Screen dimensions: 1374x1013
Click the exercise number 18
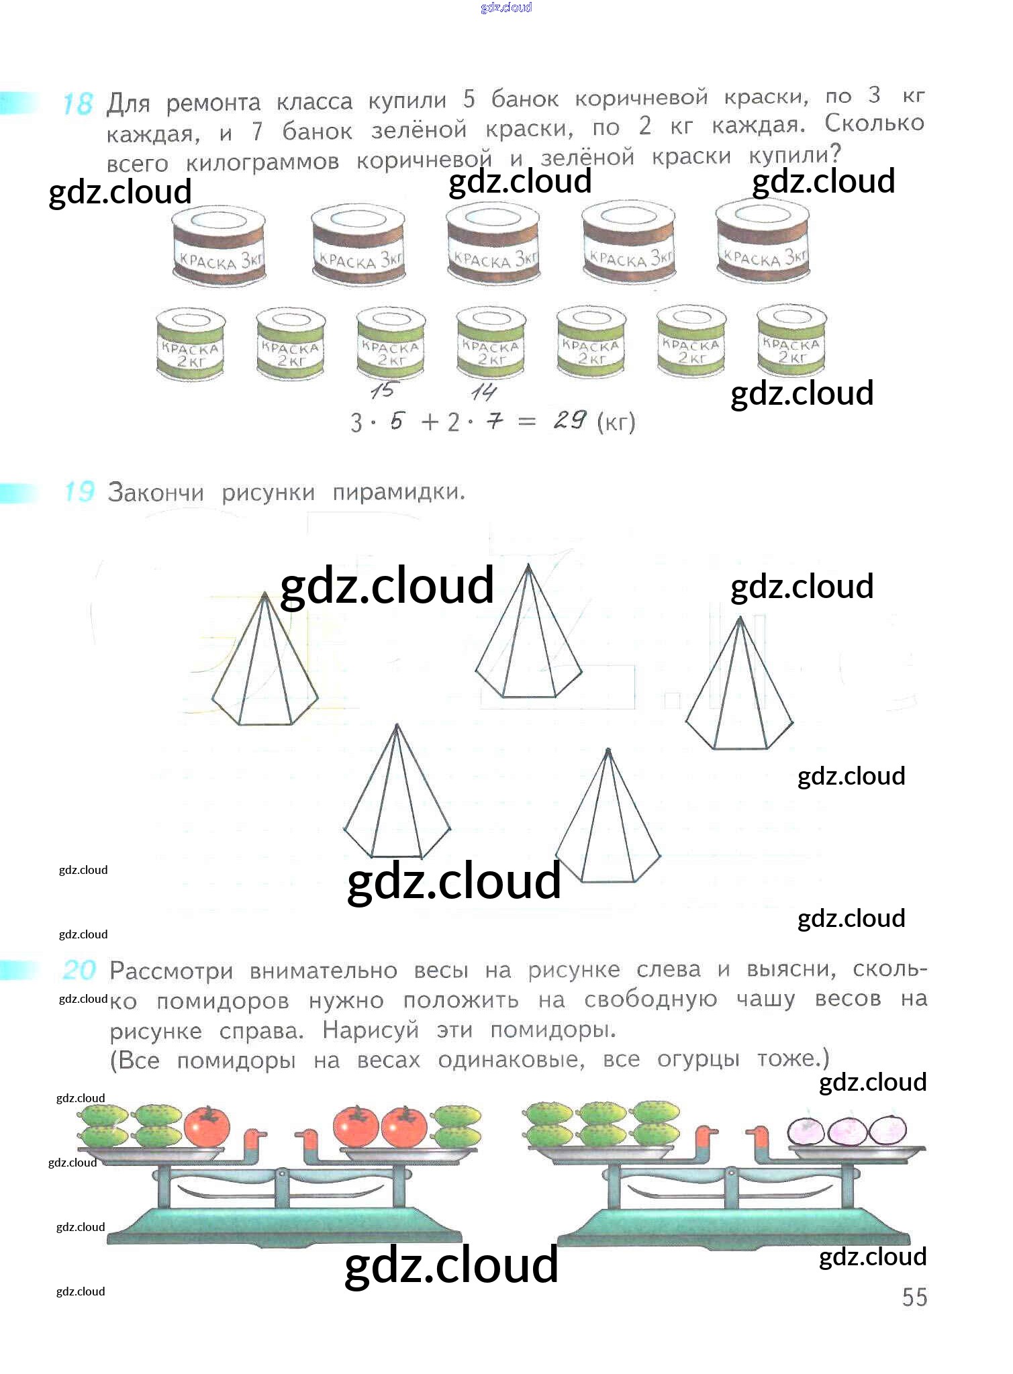[x=77, y=104]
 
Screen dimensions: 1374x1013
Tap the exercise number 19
[x=79, y=492]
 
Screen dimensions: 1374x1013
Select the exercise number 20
[x=79, y=970]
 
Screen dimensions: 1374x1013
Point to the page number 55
[x=914, y=1297]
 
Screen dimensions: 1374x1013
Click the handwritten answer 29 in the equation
[x=570, y=421]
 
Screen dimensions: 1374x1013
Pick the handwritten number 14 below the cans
[x=483, y=391]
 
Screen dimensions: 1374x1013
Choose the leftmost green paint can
[x=190, y=343]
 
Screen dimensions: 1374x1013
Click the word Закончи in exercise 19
[x=155, y=493]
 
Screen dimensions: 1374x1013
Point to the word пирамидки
[x=398, y=492]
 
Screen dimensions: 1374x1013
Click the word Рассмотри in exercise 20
[x=171, y=971]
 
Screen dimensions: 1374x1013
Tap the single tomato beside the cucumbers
[x=207, y=1126]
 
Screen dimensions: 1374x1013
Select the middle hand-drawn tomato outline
[x=849, y=1130]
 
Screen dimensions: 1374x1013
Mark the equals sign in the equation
[x=528, y=422]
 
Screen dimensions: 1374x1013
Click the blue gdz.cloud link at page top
[x=506, y=7]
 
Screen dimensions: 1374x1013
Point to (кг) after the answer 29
[x=616, y=422]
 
